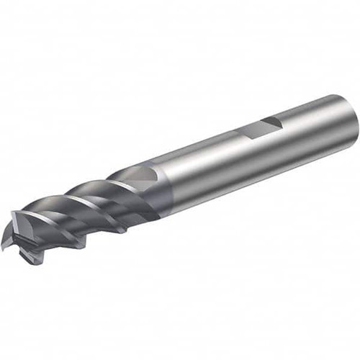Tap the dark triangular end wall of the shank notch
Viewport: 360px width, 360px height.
(x=271, y=125)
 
